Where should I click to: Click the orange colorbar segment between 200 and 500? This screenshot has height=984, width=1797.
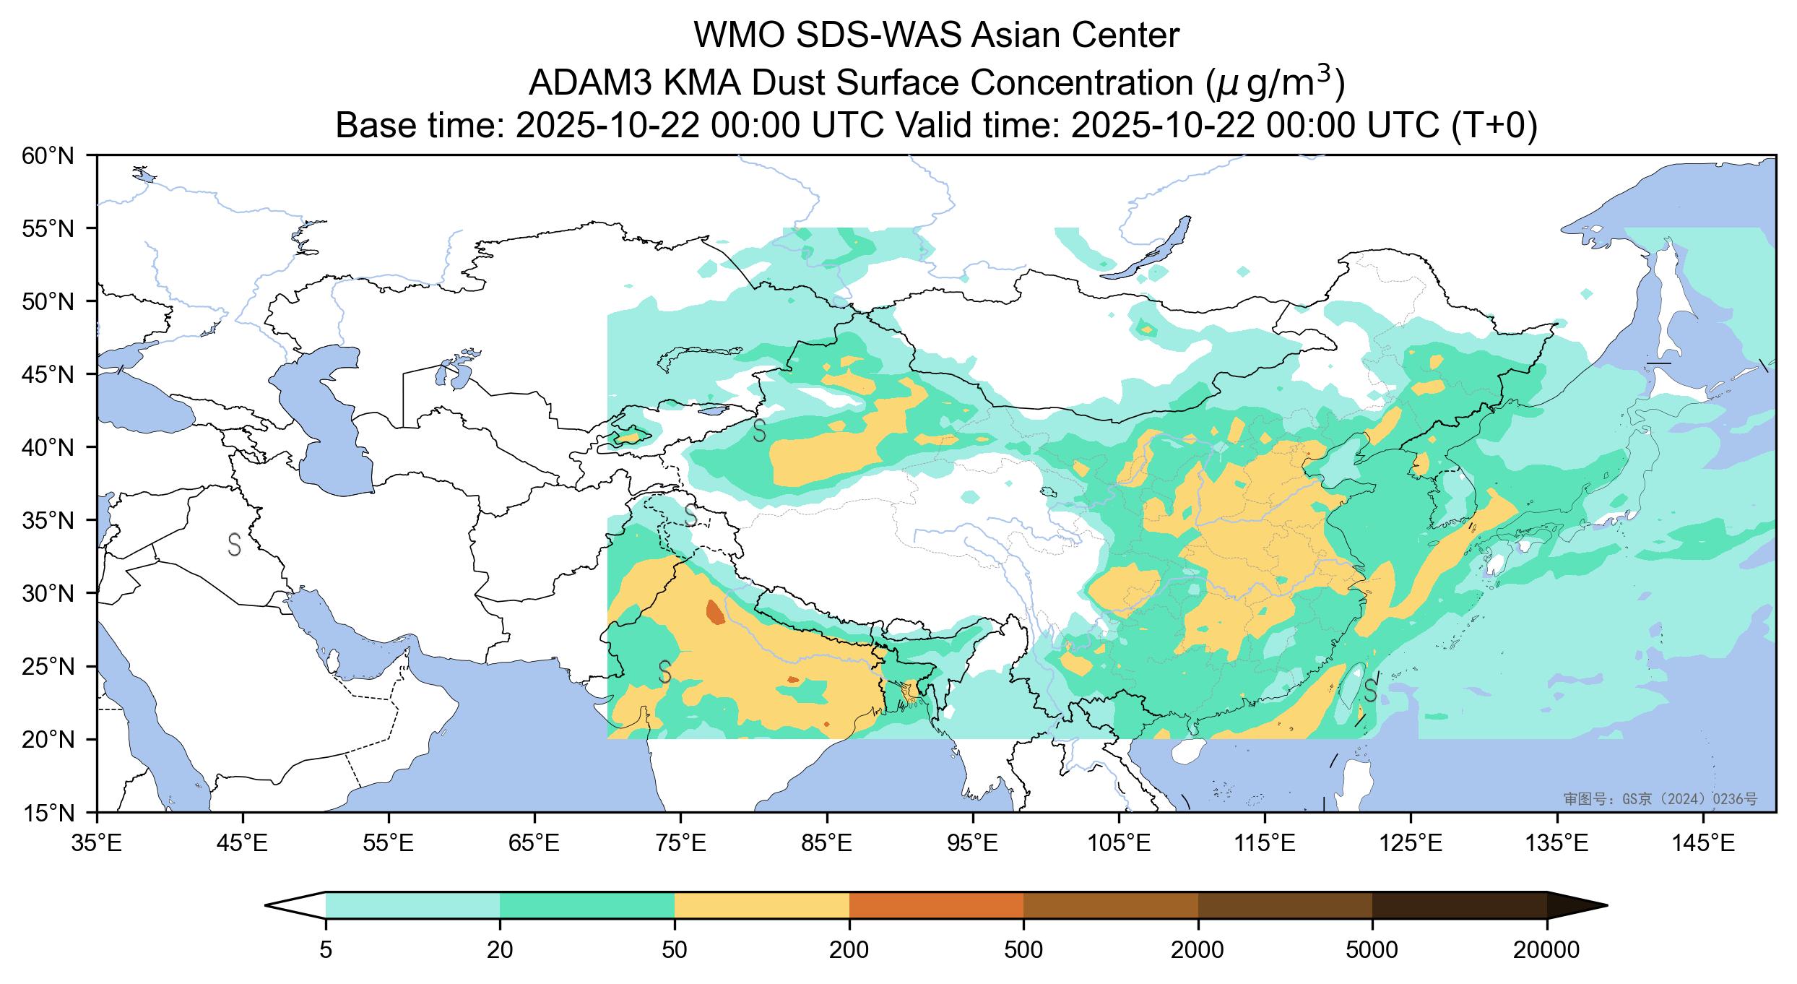click(936, 905)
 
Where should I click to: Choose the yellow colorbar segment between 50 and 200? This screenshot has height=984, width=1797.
click(761, 905)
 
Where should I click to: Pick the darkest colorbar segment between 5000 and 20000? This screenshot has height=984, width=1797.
click(1459, 905)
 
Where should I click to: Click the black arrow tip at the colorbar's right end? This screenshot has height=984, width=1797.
click(1596, 905)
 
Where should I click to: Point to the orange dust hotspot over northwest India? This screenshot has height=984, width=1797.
click(714, 612)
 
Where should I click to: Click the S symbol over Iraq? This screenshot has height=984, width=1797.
click(234, 545)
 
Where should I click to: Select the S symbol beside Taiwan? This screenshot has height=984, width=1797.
click(1369, 691)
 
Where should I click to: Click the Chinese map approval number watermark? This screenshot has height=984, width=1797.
click(1660, 799)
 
